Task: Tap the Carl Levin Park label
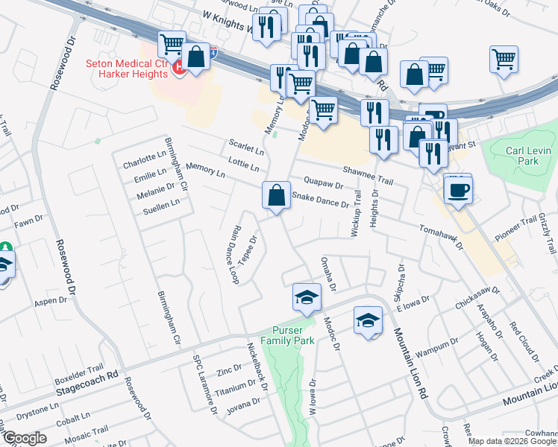[x=521, y=155]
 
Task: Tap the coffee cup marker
[x=457, y=190]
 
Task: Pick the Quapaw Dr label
[x=323, y=183]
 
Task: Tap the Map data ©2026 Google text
[x=512, y=441]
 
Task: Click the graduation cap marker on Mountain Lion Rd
[x=367, y=320]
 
